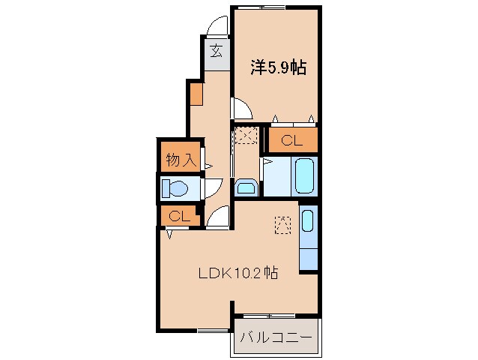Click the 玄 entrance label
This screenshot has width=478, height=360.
click(x=216, y=52)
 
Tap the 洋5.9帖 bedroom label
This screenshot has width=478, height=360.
click(x=276, y=67)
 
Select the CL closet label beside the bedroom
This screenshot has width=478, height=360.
click(x=293, y=139)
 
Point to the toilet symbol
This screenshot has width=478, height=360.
click(x=178, y=187)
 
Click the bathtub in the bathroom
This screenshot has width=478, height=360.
click(x=304, y=176)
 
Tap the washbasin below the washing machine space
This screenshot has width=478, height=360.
click(x=246, y=187)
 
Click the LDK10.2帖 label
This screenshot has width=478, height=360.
click(x=238, y=274)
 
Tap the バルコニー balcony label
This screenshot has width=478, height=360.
click(x=276, y=337)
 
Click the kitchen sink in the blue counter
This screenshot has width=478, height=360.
click(x=308, y=221)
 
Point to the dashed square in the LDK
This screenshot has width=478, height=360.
click(x=282, y=225)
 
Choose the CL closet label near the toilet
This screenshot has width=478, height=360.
click(x=178, y=217)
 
